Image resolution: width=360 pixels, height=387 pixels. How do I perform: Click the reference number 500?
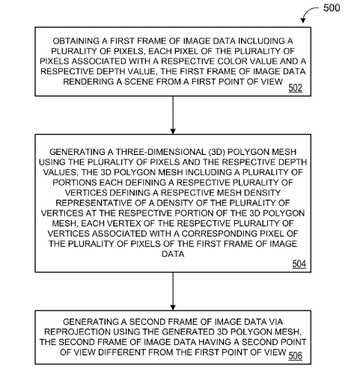pyautogui.click(x=332, y=8)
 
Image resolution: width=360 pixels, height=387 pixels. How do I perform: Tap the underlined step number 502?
pyautogui.click(x=296, y=88)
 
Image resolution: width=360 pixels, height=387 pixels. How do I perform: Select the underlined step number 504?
pyautogui.click(x=299, y=264)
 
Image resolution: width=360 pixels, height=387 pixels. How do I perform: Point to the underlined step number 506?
pyautogui.click(x=296, y=356)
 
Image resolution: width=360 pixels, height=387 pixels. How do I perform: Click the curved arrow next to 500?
pyautogui.click(x=308, y=12)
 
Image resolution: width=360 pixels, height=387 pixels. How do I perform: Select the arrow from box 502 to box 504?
pyautogui.click(x=173, y=115)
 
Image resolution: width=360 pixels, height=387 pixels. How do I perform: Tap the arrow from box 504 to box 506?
pyautogui.click(x=173, y=291)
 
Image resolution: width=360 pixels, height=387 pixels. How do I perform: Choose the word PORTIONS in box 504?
pyautogui.click(x=74, y=183)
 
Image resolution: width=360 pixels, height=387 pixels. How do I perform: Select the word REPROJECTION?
pyautogui.click(x=77, y=332)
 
